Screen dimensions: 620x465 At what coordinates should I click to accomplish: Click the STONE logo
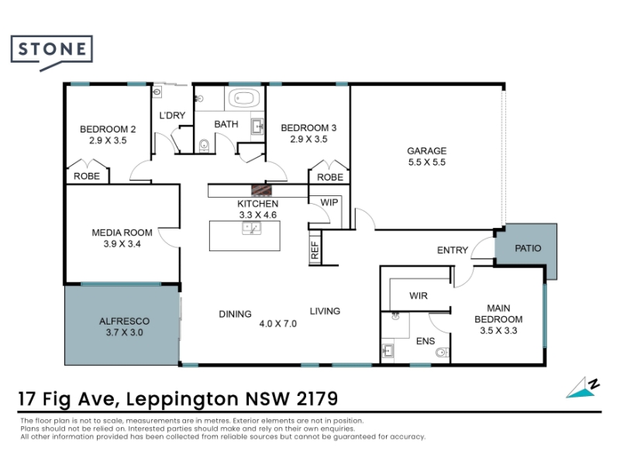pos(52,53)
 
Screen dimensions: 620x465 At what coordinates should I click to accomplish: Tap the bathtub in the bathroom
pos(244,98)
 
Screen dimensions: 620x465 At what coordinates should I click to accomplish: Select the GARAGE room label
pos(427,150)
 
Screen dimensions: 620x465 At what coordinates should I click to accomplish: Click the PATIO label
pos(528,248)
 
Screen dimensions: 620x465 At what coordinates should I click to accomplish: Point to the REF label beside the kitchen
pos(315,250)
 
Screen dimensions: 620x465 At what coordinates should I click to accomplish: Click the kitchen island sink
pos(251,228)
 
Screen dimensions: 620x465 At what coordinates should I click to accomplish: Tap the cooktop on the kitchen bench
pos(261,190)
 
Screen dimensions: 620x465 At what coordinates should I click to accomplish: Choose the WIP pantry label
pos(329,202)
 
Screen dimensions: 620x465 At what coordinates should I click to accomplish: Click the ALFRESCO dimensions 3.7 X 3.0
pos(124,332)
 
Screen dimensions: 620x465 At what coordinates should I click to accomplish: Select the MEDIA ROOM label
pos(122,232)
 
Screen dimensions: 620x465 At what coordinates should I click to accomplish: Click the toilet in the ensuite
pos(442,352)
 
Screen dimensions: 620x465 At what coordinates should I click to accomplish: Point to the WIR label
pos(418,296)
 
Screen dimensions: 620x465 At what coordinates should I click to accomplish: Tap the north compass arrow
pos(582,388)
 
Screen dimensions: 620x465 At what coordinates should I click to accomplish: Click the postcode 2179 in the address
pos(317,398)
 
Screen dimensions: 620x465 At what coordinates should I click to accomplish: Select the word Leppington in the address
pos(182,399)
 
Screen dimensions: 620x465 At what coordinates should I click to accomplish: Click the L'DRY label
pos(172,115)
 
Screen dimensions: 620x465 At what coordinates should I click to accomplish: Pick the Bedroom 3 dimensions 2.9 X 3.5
pos(308,139)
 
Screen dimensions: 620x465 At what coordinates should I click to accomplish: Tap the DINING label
pos(236,314)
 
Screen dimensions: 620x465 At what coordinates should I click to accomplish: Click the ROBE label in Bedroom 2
pos(87,177)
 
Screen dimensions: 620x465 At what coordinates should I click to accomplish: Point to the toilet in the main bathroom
pos(204,145)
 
